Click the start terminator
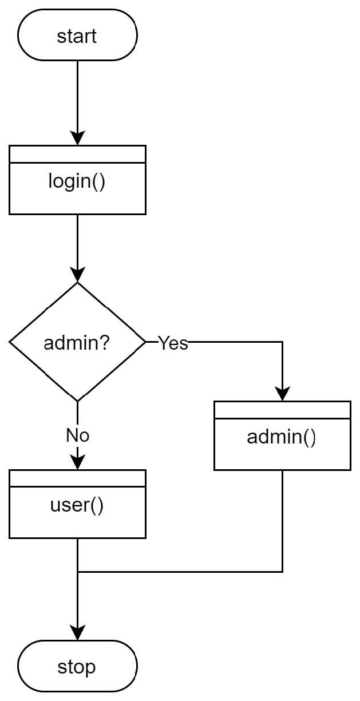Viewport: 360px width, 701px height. [x=77, y=35]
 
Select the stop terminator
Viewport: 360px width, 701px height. [x=77, y=667]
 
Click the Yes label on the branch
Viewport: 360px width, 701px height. [x=173, y=343]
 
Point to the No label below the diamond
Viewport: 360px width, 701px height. [x=77, y=435]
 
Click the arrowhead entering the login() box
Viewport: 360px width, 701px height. [x=77, y=138]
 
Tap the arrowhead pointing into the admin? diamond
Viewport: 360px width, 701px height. [x=77, y=275]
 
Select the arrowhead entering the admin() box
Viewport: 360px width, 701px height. [x=282, y=394]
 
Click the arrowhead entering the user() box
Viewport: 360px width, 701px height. [x=77, y=462]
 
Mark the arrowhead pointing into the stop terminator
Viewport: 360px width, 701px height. [x=77, y=633]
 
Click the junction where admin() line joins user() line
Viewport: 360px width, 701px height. [x=77, y=571]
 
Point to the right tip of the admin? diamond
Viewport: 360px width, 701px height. [x=145, y=342]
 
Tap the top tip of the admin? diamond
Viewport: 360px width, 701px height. [x=77, y=283]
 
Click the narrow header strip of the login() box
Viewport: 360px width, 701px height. [x=77, y=154]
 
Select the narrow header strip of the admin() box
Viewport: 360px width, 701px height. [x=282, y=410]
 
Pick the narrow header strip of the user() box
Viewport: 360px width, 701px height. [x=77, y=478]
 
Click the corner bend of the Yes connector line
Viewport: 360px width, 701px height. [x=282, y=342]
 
